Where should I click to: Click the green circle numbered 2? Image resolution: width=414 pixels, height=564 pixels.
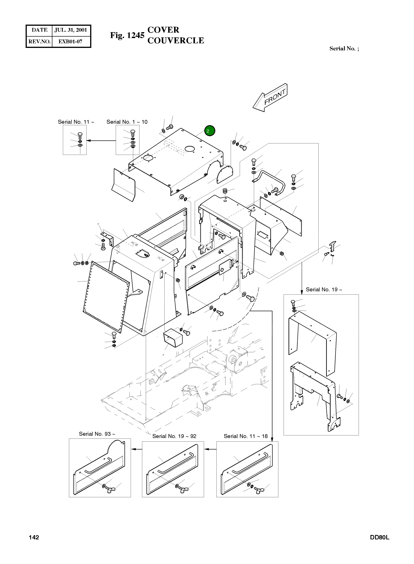210,131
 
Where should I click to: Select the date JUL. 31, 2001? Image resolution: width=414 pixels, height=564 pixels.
71,30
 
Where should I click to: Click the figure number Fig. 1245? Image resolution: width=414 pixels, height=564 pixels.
127,35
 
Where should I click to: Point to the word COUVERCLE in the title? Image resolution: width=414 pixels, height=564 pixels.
176,41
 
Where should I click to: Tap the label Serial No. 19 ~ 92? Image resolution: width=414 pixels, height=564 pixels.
174,436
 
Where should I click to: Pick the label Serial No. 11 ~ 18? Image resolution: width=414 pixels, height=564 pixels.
246,436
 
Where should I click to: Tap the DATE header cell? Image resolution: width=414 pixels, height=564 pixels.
39,30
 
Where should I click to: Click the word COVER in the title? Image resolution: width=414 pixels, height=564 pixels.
163,30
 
